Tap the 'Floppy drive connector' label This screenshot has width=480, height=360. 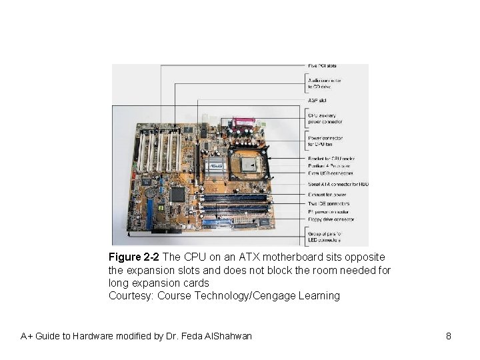331,219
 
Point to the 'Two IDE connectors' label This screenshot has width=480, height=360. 328,202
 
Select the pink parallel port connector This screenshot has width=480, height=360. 238,124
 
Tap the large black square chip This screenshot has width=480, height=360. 178,194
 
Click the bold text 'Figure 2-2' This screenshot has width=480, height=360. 134,257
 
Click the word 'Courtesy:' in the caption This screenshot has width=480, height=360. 131,295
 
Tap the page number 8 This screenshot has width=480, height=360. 449,336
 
